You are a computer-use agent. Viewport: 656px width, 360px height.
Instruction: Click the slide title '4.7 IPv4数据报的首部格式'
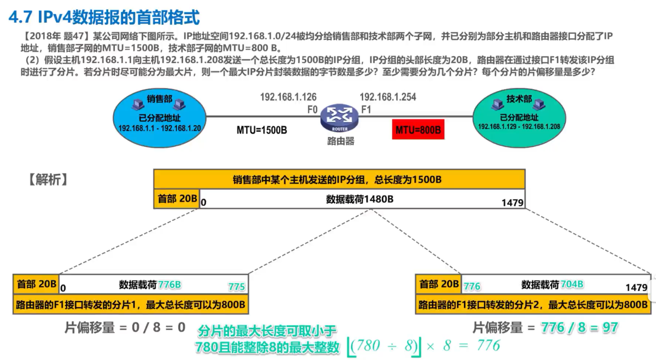104,18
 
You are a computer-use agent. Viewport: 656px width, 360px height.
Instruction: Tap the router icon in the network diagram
339,118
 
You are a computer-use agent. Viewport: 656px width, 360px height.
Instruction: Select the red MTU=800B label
418,130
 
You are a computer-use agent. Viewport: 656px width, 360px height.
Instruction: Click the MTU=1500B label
262,130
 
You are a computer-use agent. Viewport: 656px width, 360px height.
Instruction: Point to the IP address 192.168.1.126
288,97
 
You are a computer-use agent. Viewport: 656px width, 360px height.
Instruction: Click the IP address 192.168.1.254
387,97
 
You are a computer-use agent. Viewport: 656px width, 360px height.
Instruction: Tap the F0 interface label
311,110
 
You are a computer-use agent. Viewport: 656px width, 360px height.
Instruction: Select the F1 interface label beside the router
366,110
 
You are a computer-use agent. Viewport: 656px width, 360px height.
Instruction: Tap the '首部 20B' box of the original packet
177,199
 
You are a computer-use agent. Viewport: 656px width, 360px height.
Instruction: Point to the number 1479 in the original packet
512,203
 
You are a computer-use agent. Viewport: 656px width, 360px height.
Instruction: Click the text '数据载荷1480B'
360,199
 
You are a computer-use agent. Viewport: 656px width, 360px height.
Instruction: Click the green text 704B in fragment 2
573,284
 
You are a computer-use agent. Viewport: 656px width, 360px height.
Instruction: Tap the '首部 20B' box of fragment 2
439,284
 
